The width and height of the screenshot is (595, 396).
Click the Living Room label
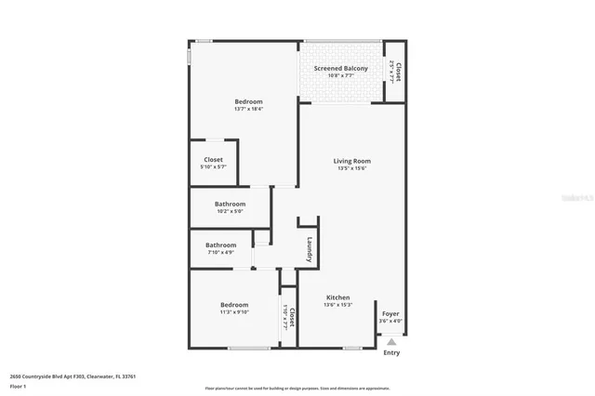coord(352,161)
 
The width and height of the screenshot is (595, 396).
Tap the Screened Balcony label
coord(340,69)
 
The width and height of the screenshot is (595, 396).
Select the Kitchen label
coord(337,297)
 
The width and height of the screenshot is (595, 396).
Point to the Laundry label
coord(310,249)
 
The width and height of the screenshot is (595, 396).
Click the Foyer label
coord(391,313)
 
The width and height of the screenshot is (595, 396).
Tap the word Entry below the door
coord(391,353)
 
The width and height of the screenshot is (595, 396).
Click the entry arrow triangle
coord(391,342)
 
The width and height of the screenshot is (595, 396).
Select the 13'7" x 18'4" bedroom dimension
coord(248,110)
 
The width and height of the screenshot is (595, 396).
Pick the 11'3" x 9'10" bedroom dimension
coord(234,312)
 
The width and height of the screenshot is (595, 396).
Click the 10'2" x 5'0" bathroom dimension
coord(230,211)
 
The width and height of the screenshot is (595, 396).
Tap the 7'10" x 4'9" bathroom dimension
coord(220,252)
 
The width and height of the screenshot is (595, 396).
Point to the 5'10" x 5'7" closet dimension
coord(213,167)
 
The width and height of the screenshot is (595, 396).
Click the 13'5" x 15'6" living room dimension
coord(352,168)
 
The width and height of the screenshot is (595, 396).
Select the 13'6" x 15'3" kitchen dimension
coord(337,305)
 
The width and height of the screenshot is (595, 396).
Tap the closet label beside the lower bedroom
coord(291,318)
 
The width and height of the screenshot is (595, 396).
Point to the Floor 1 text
coord(18,385)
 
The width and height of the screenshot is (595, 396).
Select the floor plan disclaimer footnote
coord(297,389)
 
